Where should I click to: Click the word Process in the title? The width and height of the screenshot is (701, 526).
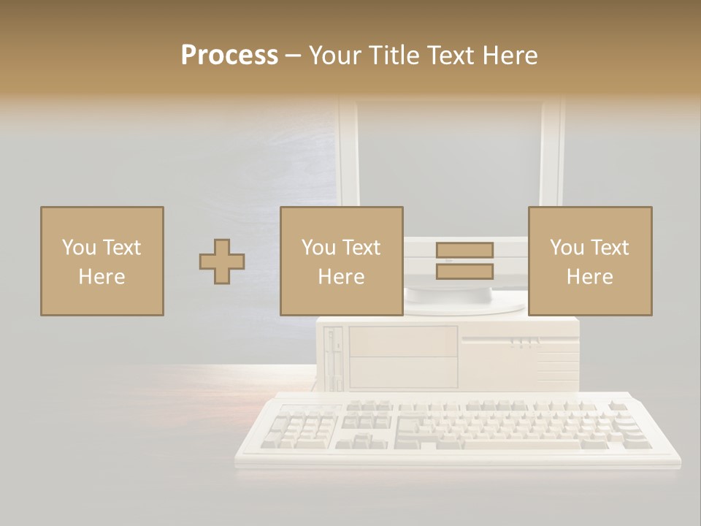[x=229, y=56]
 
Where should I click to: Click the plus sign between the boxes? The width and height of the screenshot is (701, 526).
[x=222, y=262]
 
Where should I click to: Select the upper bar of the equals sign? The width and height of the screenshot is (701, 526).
[x=464, y=250]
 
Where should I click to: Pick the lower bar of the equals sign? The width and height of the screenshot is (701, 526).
[x=464, y=272]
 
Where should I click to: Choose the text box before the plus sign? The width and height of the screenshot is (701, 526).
[x=102, y=261]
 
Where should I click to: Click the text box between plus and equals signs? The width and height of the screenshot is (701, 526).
[x=342, y=261]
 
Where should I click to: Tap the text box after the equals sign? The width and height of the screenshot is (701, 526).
[x=590, y=261]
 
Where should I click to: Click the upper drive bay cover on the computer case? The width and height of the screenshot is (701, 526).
[x=403, y=341]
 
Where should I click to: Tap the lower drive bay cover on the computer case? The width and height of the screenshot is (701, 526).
[x=403, y=373]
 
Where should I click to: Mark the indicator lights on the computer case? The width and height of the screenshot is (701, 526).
[x=524, y=341]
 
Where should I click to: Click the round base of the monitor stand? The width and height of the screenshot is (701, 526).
[x=449, y=294]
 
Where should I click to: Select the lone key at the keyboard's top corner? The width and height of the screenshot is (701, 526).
[x=618, y=405]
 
